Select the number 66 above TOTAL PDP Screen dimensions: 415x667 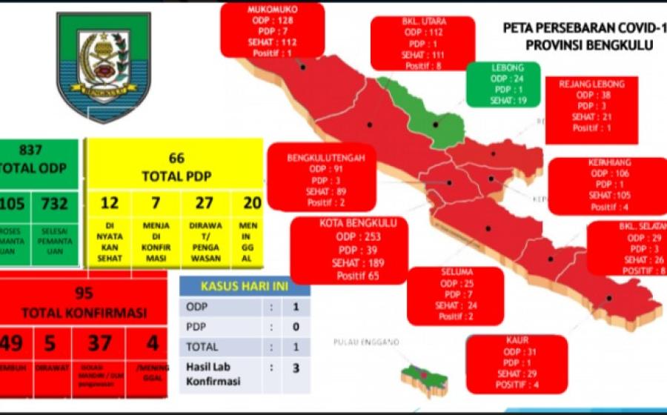coord(176,158)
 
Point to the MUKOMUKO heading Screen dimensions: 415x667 coord(272,10)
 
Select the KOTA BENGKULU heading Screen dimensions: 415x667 coord(348,222)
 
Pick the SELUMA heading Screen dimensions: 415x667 coord(455,273)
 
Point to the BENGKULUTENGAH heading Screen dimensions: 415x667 coord(321,157)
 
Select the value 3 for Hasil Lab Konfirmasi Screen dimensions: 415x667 coord(296,366)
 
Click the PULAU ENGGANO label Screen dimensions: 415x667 coord(366,342)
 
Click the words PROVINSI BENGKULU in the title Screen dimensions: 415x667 coord(588,44)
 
